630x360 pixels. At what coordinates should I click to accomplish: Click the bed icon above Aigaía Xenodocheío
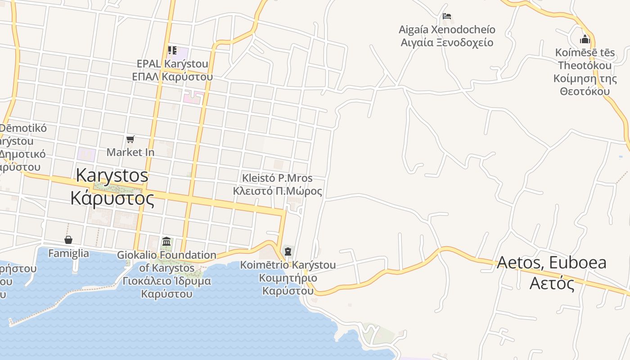[x=447, y=16]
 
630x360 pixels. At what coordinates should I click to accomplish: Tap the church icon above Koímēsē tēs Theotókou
[x=585, y=39]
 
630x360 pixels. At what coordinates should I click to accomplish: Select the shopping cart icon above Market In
[x=130, y=139]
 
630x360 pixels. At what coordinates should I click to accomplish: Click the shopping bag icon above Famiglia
[x=68, y=240]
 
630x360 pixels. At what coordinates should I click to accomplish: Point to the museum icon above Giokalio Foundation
[x=166, y=242]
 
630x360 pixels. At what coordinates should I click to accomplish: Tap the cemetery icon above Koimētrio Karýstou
[x=288, y=251]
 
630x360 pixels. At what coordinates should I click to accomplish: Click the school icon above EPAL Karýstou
[x=172, y=50]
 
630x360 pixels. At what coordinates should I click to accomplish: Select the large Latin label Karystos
[x=112, y=175]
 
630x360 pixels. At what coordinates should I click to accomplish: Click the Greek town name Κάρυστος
[x=112, y=198]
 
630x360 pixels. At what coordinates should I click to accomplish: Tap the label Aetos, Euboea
[x=552, y=262]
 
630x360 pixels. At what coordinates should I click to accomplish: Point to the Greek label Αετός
[x=552, y=283]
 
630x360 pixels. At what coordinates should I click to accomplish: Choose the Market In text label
[x=130, y=153]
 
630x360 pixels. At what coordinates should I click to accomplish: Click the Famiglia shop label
[x=68, y=253]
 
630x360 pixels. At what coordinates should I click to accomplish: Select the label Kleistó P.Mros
[x=277, y=178]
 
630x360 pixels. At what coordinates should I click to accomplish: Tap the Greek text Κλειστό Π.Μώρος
[x=277, y=191]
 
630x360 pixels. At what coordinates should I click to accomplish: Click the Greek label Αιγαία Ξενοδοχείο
[x=447, y=43]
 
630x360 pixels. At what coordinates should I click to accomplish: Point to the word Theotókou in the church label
[x=585, y=66]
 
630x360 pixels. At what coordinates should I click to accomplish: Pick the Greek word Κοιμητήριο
[x=288, y=278]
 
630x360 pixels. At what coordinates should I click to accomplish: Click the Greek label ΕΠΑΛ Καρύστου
[x=172, y=76]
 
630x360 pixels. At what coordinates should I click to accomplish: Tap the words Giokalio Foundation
[x=166, y=255]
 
